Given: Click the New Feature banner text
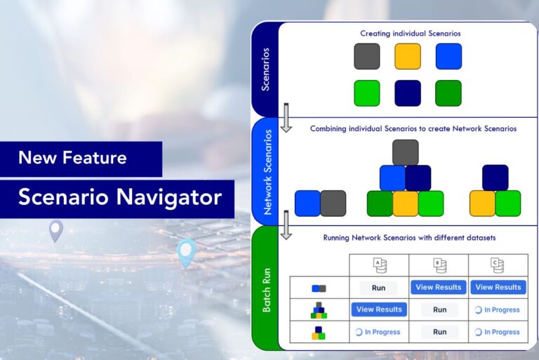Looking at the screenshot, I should tap(72, 158).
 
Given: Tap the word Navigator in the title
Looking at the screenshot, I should tap(173, 197).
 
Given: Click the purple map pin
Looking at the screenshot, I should tap(55, 230).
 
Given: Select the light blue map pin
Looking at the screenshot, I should tap(186, 252).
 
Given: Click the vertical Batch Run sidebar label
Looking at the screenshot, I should tap(266, 288).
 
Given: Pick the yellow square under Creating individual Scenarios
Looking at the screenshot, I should tap(407, 56).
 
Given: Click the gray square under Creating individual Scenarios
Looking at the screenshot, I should tap(366, 56).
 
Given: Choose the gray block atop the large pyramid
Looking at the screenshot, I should tap(405, 152).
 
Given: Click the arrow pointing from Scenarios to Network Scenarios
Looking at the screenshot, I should tap(286, 117).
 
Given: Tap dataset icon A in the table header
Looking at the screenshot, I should tap(379, 265).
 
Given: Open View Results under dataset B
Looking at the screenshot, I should tap(439, 287).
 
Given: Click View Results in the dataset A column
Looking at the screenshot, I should tap(379, 309).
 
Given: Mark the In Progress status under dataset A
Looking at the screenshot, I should tap(378, 332).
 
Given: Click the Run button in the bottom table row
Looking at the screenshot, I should tap(439, 332).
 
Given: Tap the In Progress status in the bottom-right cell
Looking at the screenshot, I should tap(498, 332).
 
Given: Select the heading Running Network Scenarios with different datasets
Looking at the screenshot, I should tap(409, 238).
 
